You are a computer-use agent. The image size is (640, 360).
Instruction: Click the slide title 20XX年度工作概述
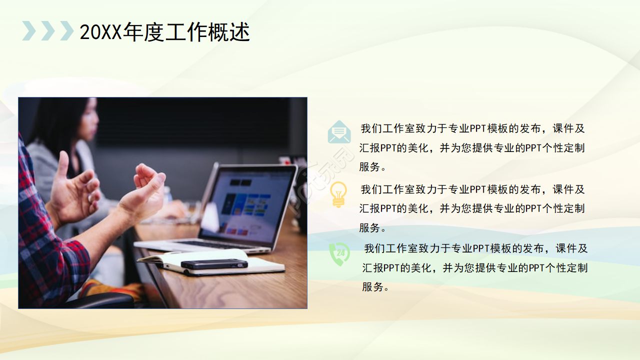(165, 32)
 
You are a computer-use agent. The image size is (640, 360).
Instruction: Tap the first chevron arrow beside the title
(29, 31)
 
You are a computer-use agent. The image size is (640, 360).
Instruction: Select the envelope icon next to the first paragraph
(339, 132)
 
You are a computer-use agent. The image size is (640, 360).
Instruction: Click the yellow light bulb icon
(339, 194)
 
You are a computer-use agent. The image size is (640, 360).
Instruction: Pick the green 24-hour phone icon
(339, 253)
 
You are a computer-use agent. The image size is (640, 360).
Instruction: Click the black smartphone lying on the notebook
(214, 264)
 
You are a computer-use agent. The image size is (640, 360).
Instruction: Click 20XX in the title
(100, 32)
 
